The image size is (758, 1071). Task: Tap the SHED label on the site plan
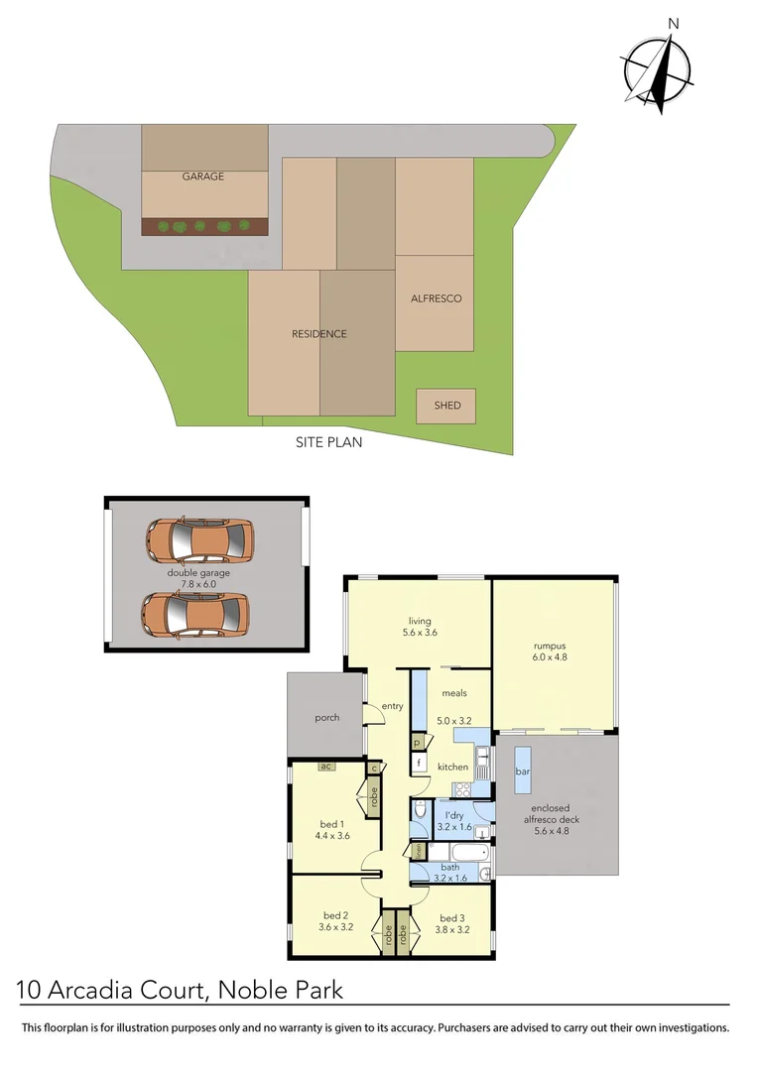pos(446,406)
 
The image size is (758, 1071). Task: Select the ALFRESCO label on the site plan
pos(436,298)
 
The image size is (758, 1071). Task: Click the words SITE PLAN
pos(328,442)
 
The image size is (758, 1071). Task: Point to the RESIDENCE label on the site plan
pos(318,334)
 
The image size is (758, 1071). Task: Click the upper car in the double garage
pos(199,539)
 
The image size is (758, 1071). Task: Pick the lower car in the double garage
pos(194,614)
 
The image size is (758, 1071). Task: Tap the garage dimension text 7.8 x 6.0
pos(198,584)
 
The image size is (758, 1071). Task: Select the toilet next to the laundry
pos(419,814)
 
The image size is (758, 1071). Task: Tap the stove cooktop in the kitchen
pos(461,789)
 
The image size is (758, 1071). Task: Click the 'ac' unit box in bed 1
pos(324,766)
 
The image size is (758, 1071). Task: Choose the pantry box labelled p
pos(418,742)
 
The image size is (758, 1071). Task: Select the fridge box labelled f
pos(420,764)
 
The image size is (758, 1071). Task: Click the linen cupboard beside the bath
pos(419,851)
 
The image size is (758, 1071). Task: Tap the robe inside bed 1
pos(374,795)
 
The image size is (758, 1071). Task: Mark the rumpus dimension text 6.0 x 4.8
pos(552,656)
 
